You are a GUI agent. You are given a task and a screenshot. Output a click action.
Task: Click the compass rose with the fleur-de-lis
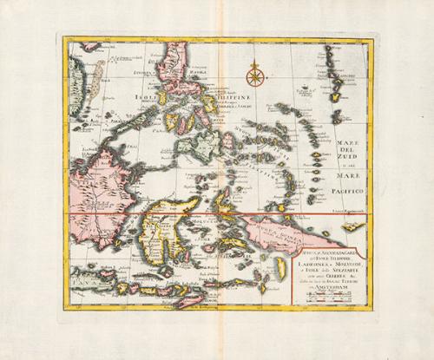click(255, 75)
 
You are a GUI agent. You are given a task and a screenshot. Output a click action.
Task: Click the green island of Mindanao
click(207, 144)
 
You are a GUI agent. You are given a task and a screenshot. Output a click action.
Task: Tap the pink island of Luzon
click(179, 73)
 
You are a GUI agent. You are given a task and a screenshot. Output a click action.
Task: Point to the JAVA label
click(90, 279)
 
